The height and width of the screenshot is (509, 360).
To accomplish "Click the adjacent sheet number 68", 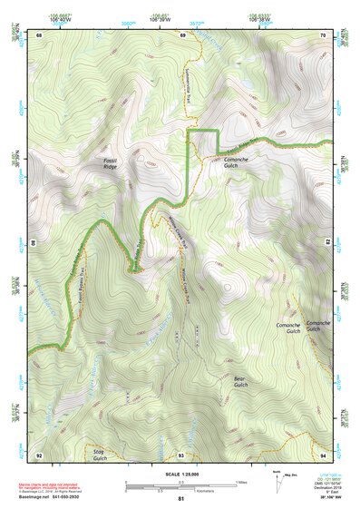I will coord(39,34).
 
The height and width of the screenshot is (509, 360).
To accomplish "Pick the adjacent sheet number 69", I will coord(181,34).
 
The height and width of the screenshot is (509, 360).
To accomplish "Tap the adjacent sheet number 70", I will coord(323,34).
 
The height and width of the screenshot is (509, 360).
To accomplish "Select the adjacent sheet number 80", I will coord(34,243).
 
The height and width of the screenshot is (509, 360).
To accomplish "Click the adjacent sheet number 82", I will coord(327,243).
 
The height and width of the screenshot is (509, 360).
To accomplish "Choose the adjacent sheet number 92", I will coord(39,454).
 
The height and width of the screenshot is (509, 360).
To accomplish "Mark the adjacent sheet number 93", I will coord(181,454).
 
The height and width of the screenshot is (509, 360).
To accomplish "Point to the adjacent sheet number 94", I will coord(323,454).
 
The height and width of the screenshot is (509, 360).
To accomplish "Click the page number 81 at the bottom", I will coord(181,500).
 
